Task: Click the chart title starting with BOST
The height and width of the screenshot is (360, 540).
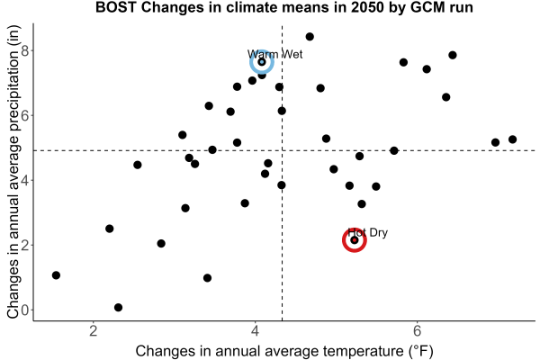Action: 284,7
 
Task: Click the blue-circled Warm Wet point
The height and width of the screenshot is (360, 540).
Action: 262,62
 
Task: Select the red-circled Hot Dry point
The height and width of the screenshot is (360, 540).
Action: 355,240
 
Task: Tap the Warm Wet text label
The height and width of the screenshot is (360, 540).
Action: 274,54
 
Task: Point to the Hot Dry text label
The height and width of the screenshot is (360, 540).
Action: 367,232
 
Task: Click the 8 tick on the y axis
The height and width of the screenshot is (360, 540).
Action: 25,50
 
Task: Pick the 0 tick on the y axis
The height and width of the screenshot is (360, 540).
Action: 25,310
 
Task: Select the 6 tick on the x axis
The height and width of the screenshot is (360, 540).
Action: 417,331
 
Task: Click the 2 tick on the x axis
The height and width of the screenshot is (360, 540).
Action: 93,331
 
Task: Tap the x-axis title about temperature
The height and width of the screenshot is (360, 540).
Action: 284,351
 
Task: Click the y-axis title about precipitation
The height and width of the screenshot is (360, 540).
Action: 13,172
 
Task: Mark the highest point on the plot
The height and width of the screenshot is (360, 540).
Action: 310,37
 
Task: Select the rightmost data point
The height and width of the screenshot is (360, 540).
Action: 512,139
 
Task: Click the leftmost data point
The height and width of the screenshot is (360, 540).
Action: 56,275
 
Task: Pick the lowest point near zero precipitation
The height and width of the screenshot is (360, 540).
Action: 118,307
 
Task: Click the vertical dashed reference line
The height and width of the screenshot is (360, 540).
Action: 282,172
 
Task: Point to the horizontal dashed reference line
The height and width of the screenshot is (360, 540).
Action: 284,150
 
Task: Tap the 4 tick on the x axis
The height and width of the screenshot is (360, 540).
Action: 256,331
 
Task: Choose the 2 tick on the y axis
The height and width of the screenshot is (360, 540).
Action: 25,245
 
